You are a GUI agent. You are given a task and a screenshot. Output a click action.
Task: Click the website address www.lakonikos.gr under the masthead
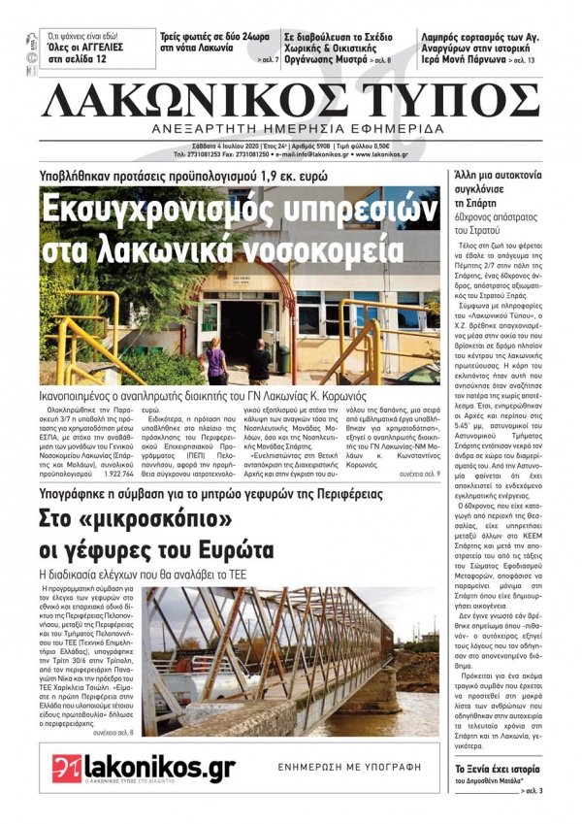377,154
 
